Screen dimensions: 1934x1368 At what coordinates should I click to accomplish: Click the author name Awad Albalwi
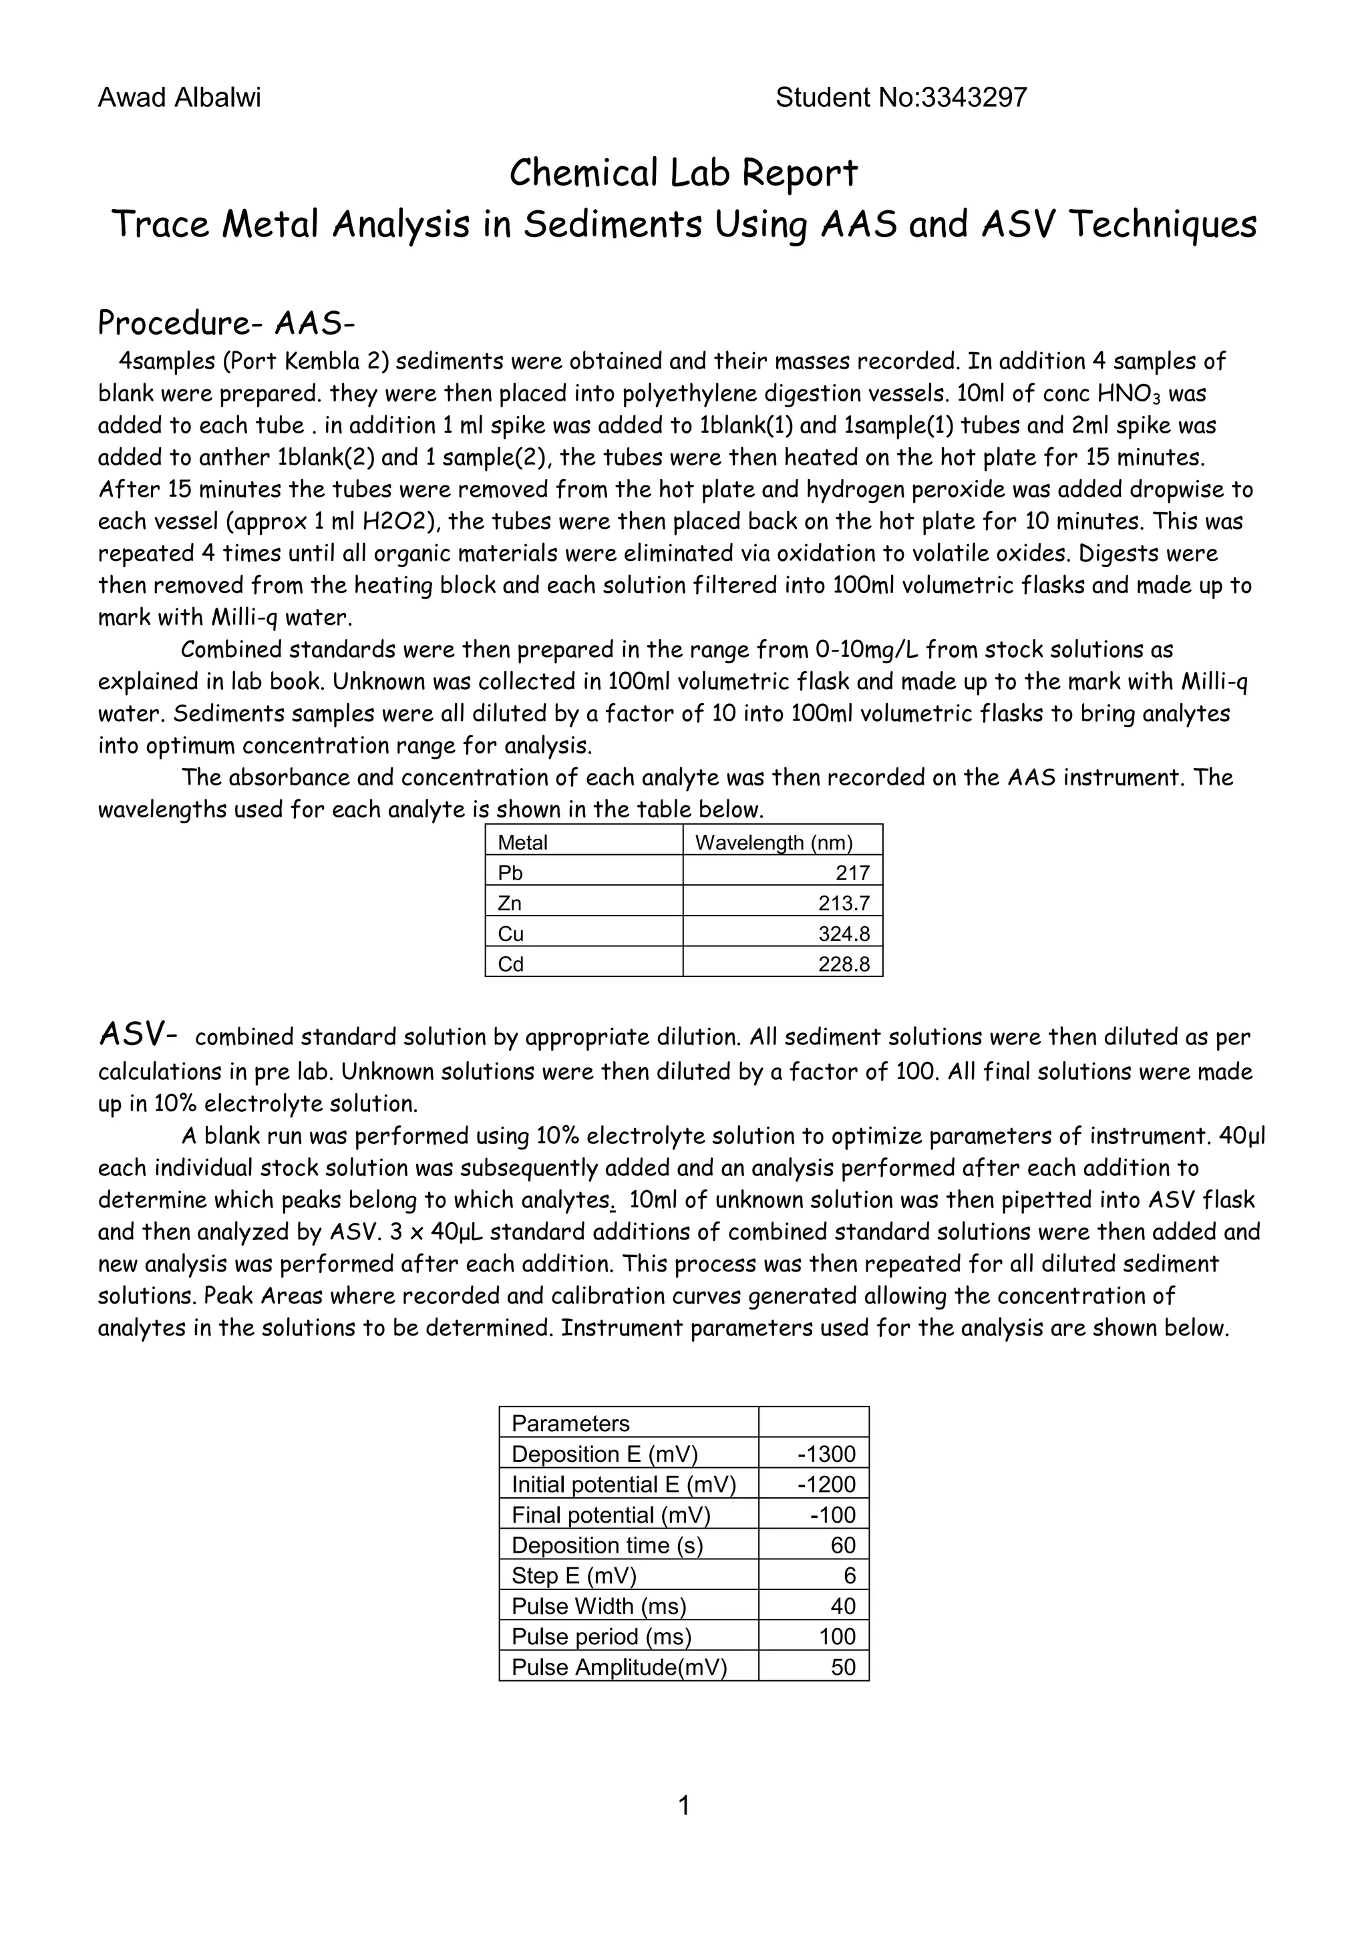[180, 99]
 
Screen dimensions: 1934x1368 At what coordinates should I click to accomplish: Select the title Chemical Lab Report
[683, 174]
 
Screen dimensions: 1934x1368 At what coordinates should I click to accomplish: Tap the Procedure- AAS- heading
[226, 323]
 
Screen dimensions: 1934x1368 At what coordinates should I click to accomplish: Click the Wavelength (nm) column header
[774, 842]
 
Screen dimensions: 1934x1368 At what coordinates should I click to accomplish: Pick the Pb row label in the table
[510, 873]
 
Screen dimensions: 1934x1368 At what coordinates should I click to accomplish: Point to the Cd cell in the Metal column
[510, 964]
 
